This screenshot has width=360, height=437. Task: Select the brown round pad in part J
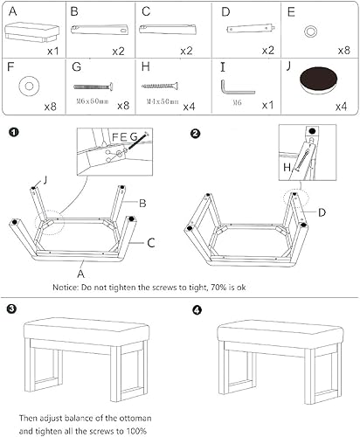point(315,87)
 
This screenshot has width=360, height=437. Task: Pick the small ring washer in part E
point(310,31)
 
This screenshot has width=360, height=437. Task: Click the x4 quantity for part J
point(341,107)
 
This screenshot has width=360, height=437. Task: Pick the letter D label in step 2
point(322,212)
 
